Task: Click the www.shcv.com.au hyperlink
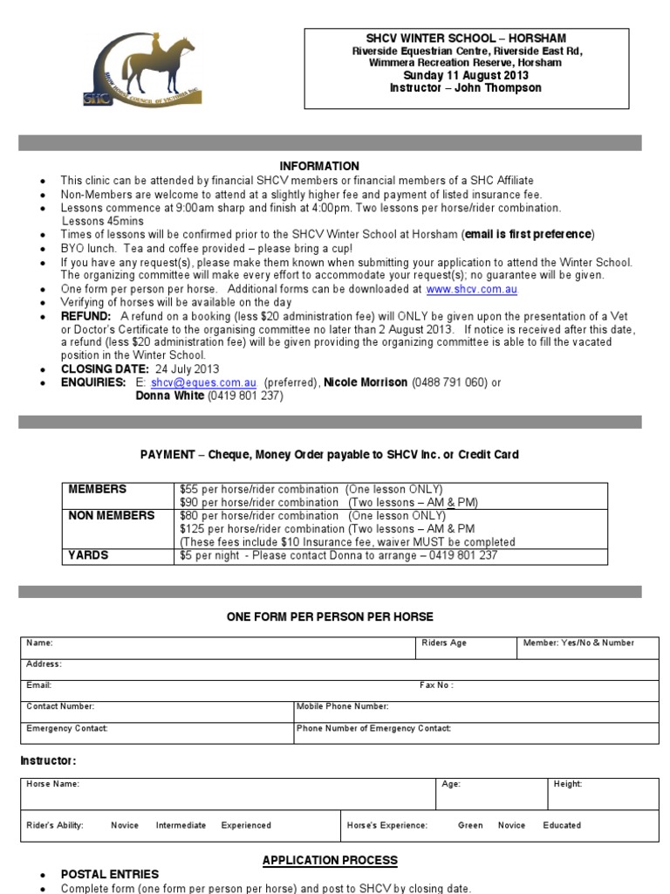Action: tap(471, 289)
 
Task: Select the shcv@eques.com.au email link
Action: tap(203, 382)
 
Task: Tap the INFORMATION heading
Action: tap(319, 166)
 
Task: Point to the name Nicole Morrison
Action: tap(366, 382)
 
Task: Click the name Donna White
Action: tap(170, 395)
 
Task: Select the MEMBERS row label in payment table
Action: tap(98, 489)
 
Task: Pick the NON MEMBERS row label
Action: tap(112, 515)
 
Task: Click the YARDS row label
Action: tap(89, 555)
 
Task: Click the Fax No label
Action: tap(436, 685)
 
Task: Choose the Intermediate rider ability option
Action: tap(181, 825)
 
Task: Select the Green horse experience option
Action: tap(470, 825)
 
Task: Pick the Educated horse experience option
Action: tap(562, 825)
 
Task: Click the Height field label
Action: tap(568, 784)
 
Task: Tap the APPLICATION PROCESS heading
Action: tap(330, 860)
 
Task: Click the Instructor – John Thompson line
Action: tap(466, 88)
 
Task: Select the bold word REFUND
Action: tap(85, 315)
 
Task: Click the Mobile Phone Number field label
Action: tap(343, 706)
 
